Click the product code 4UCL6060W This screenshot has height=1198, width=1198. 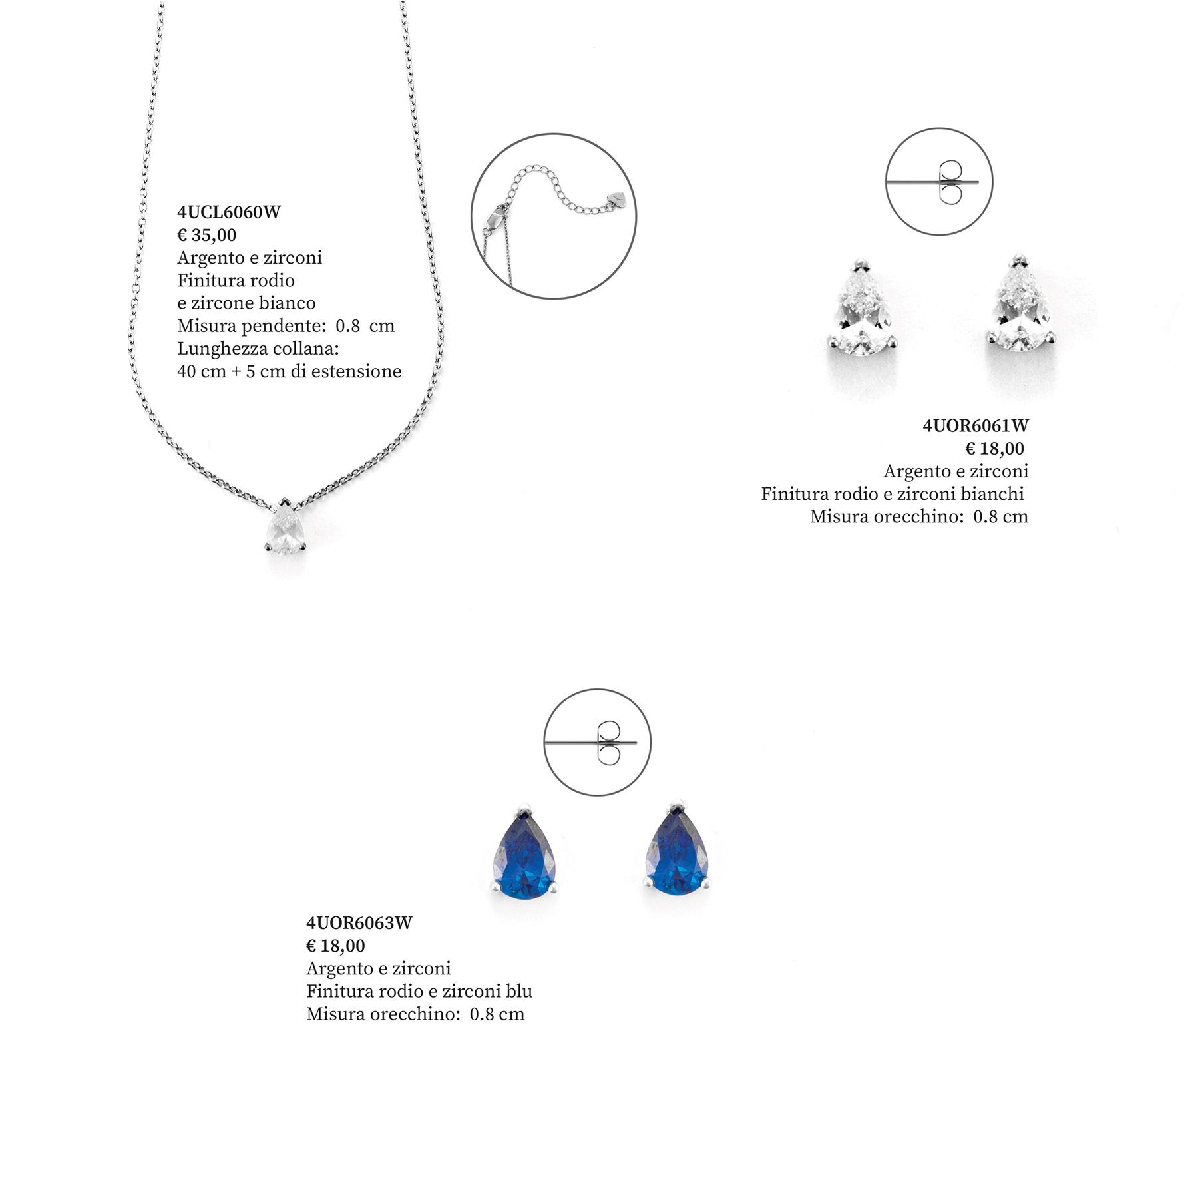point(229,212)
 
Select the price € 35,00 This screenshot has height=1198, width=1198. point(207,235)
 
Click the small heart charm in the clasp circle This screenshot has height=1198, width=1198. point(617,198)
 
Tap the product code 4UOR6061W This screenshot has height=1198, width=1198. point(975,426)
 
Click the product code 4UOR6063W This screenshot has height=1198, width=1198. point(359,923)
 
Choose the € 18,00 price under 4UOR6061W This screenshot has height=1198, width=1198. point(994,449)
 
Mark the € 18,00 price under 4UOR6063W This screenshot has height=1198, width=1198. point(336,946)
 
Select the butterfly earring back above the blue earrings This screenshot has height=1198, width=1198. point(608,742)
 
